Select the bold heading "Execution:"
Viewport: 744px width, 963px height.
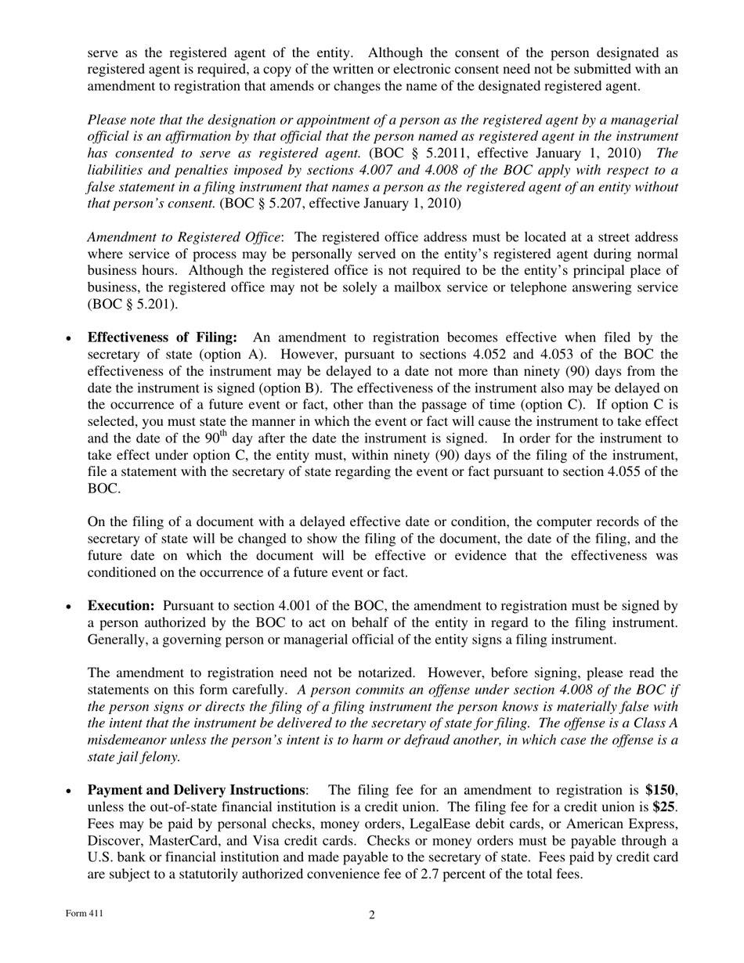[121, 605]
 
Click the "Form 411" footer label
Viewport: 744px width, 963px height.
[83, 914]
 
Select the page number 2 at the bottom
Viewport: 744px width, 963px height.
[372, 914]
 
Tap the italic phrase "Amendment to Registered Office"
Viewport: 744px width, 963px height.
[184, 237]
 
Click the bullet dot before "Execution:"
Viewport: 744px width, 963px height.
[70, 607]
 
